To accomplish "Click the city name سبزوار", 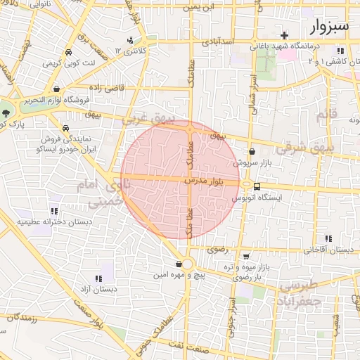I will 328,27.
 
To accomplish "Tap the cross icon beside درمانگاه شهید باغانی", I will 284,35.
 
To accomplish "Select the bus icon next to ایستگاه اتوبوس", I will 257,187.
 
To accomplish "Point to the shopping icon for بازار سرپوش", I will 252,151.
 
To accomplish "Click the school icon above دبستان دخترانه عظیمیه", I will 53,211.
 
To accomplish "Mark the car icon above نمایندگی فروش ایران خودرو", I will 65,129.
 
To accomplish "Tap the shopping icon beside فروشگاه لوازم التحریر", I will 56,89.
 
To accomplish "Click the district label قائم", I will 321,114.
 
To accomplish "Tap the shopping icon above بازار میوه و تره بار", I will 245,257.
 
